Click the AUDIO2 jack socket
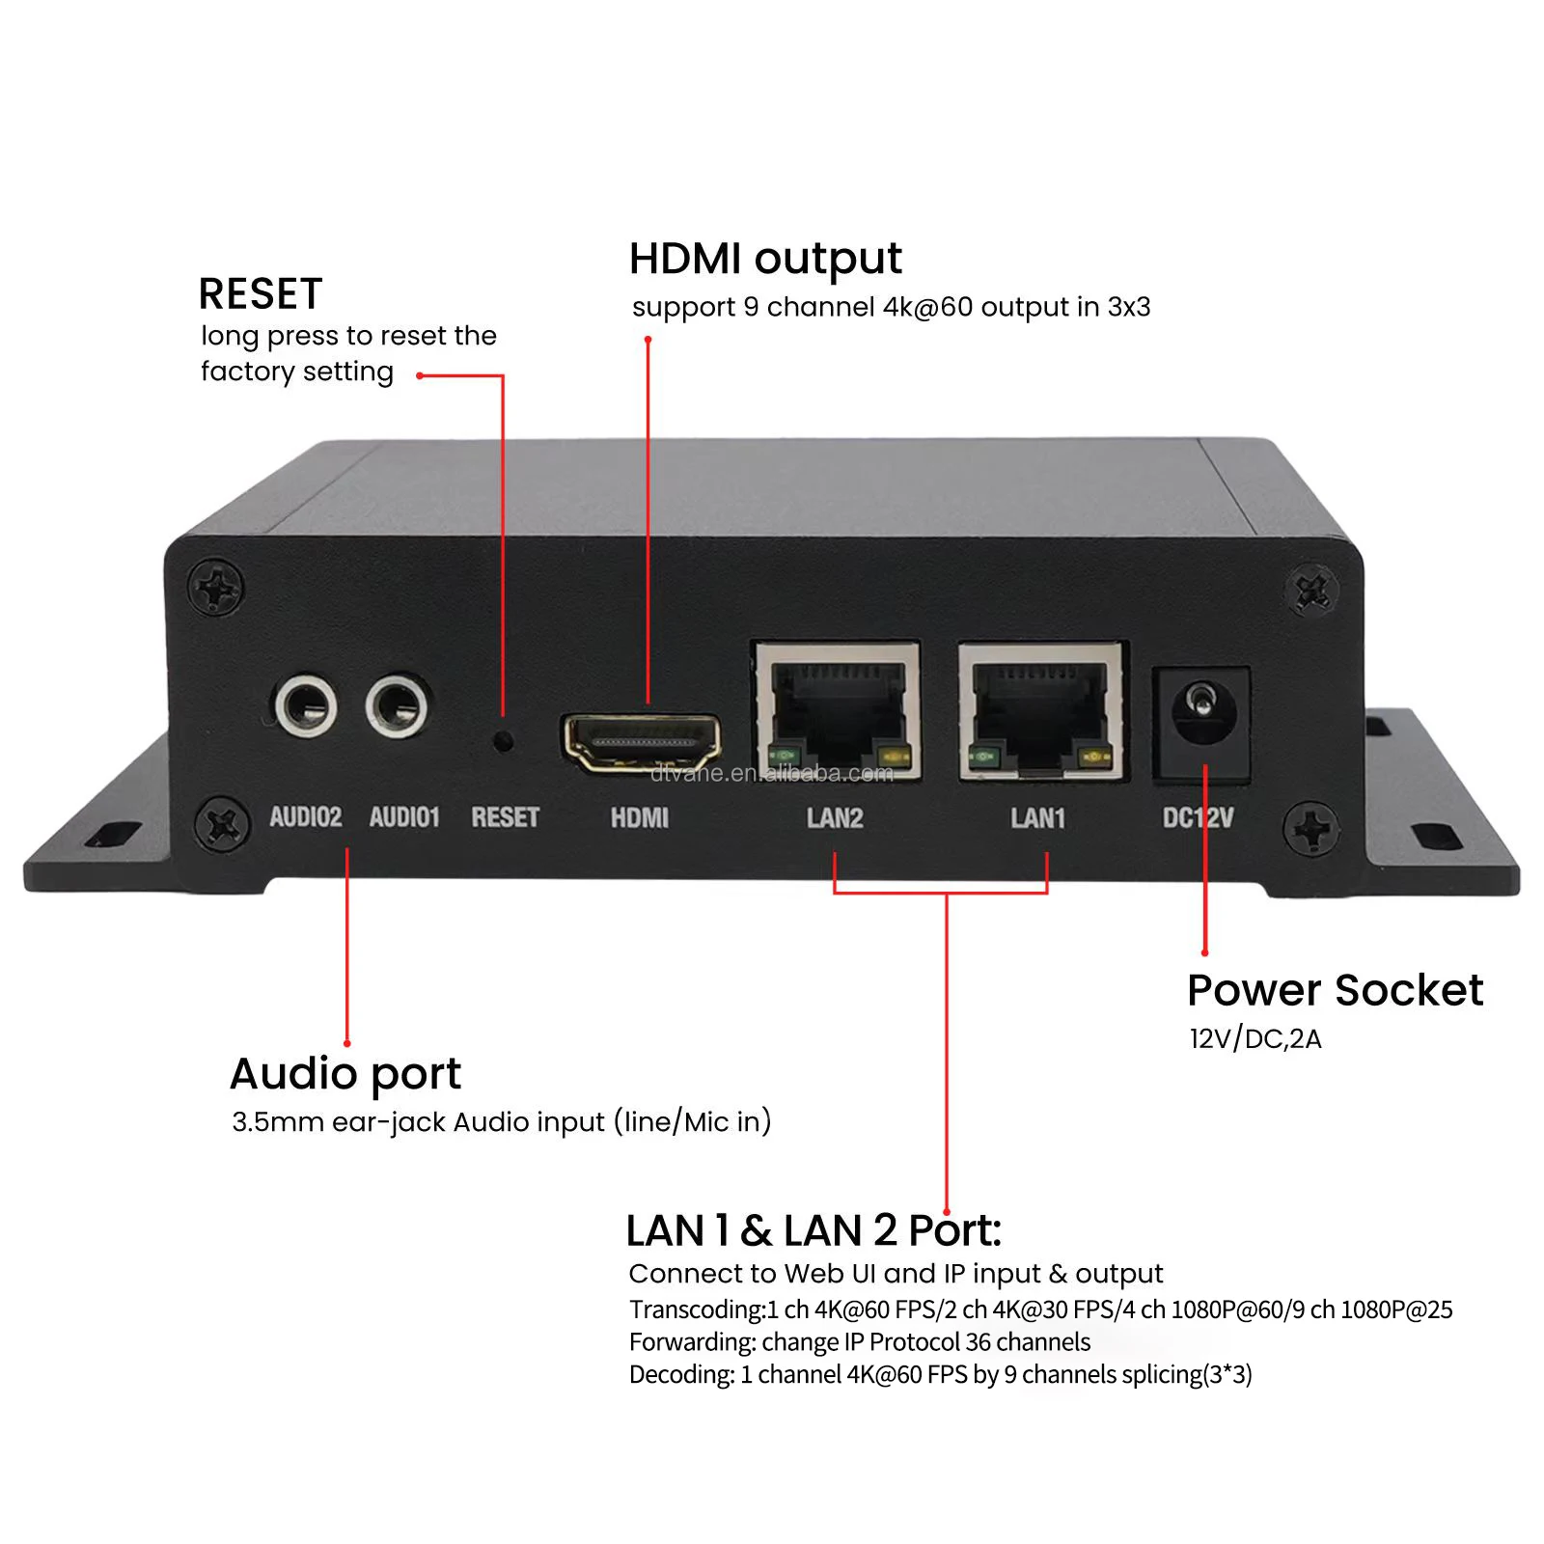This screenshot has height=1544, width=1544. pyautogui.click(x=306, y=705)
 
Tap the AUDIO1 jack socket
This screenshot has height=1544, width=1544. pyautogui.click(x=396, y=705)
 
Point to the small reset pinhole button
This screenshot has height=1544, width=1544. pyautogui.click(x=503, y=741)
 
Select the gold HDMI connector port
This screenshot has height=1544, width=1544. pyautogui.click(x=642, y=743)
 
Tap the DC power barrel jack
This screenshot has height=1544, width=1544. pyautogui.click(x=1202, y=712)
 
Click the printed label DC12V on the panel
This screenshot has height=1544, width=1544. pyautogui.click(x=1198, y=818)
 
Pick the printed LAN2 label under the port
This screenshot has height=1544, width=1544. pyautogui.click(x=835, y=818)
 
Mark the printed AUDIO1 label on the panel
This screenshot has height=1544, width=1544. pyautogui.click(x=404, y=817)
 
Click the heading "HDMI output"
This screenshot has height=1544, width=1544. pyautogui.click(x=765, y=259)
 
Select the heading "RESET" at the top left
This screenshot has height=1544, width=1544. pyautogui.click(x=261, y=294)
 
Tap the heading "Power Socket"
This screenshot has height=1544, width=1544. pyautogui.click(x=1335, y=990)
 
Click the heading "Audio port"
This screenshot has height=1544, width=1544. pyautogui.click(x=345, y=1074)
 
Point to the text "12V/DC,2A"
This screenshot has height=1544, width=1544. pyautogui.click(x=1255, y=1039)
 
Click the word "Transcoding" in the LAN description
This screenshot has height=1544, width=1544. pyautogui.click(x=695, y=1310)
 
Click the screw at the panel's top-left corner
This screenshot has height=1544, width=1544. pyautogui.click(x=216, y=587)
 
